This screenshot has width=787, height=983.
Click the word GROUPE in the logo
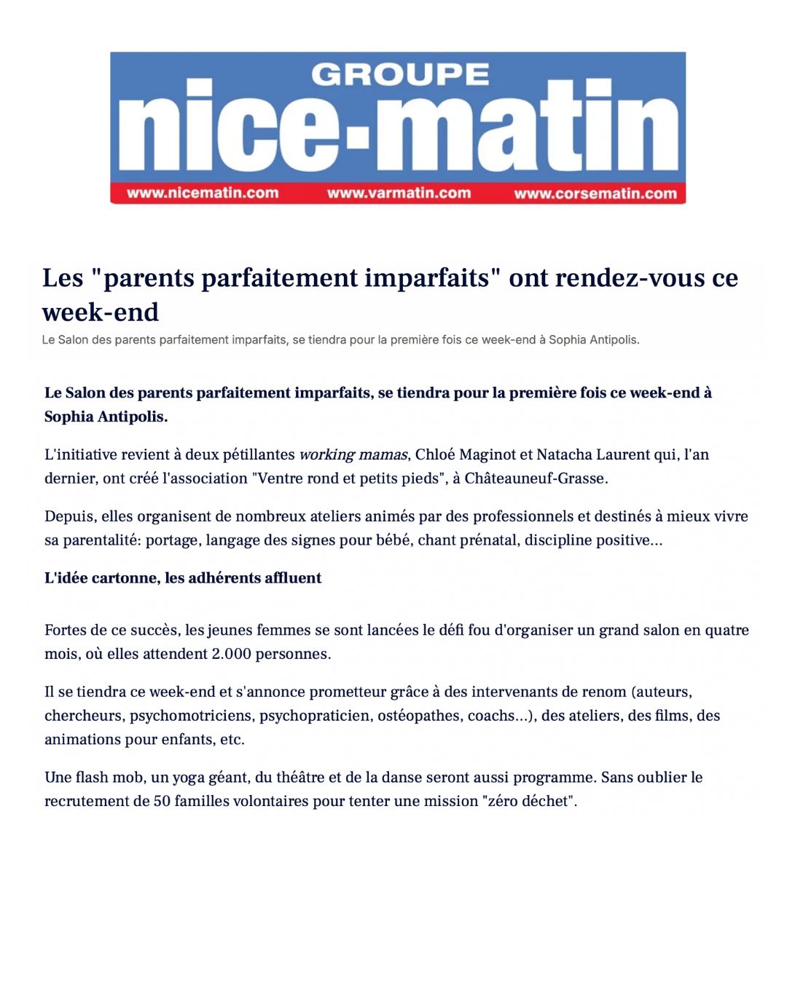tap(400, 74)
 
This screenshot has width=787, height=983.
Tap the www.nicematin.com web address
tap(203, 193)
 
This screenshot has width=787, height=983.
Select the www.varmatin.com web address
tap(399, 193)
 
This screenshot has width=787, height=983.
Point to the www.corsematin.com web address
tap(595, 193)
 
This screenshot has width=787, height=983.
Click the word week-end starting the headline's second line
tap(101, 312)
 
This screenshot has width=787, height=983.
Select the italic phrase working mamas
tap(353, 455)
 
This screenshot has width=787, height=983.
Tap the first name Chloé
tap(435, 455)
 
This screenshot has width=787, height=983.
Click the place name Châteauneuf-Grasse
tap(536, 478)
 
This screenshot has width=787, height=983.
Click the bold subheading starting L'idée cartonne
tap(183, 578)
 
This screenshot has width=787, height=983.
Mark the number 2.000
tap(231, 654)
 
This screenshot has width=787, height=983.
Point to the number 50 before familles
tap(162, 802)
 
